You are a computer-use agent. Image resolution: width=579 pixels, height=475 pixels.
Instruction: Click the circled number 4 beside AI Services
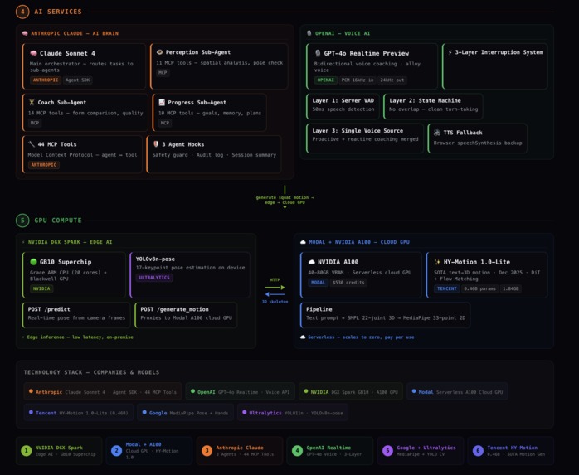[22, 12]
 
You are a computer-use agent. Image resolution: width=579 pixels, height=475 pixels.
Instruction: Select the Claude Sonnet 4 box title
[66, 53]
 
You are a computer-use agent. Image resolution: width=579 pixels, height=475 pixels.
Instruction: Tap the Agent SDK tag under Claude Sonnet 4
[77, 80]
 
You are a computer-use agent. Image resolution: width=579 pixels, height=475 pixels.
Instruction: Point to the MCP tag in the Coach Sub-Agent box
[35, 123]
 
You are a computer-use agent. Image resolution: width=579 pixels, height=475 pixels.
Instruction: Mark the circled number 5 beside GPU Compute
[22, 221]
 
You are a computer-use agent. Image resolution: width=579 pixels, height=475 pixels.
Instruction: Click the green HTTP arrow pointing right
[275, 288]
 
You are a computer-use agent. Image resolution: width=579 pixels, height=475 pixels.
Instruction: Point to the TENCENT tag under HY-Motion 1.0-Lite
[446, 288]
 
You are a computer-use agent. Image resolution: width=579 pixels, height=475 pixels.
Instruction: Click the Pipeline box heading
[319, 309]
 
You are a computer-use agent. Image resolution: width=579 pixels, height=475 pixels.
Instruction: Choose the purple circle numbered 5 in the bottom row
[387, 451]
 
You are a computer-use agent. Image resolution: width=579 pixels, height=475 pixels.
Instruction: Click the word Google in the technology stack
[158, 412]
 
